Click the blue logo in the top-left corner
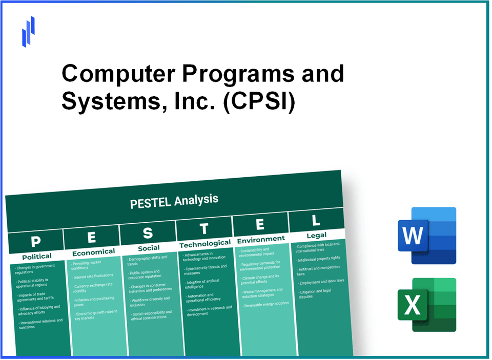pyautogui.click(x=28, y=31)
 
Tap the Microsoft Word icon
pyautogui.click(x=426, y=236)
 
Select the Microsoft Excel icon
pyautogui.click(x=426, y=305)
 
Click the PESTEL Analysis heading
pyautogui.click(x=174, y=201)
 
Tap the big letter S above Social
pyautogui.click(x=148, y=233)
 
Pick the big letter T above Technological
pyautogui.click(x=204, y=228)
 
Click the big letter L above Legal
pyautogui.click(x=316, y=221)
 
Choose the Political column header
pyautogui.click(x=37, y=256)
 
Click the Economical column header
pyautogui.click(x=93, y=252)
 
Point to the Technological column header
pyautogui.click(x=205, y=244)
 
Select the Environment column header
pyautogui.click(x=260, y=239)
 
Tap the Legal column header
pyautogui.click(x=316, y=235)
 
